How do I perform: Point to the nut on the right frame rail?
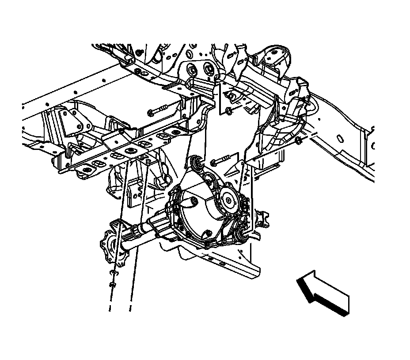point(298,141)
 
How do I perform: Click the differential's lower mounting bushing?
point(240,237)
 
